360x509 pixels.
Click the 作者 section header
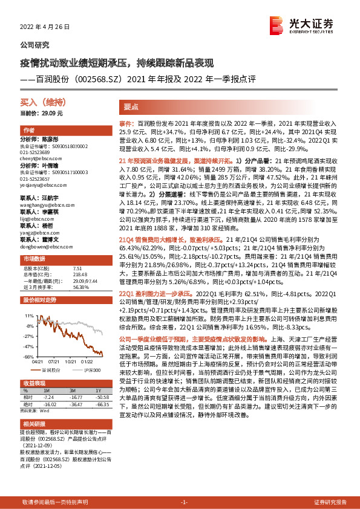point(28,131)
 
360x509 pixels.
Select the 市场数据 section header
point(33,259)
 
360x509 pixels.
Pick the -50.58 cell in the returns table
point(94,397)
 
